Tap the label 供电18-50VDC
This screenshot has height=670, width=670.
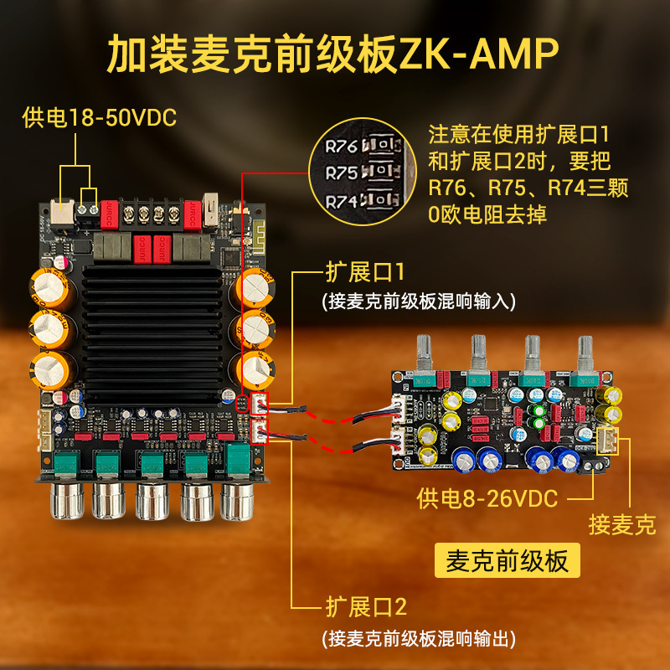coord(100,118)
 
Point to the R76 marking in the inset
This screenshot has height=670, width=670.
coord(341,147)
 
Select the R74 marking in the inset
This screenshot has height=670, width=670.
coord(341,201)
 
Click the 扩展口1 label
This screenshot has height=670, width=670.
coord(365,272)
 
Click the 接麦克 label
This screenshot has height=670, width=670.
coord(622,525)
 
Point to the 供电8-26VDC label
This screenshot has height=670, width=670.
coord(487,499)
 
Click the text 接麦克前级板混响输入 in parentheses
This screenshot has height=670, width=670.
coord(418,299)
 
